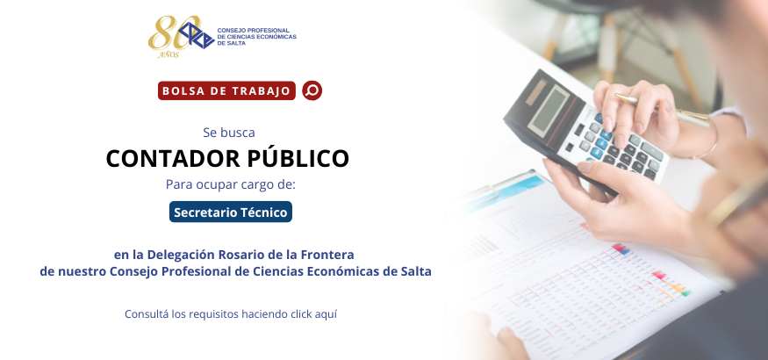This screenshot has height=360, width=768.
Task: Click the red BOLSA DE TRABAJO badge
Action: (x=226, y=90)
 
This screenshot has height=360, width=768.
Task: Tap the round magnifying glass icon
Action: (x=312, y=90)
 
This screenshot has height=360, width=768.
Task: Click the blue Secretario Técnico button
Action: (x=231, y=212)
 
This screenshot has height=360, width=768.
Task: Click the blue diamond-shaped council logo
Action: (x=197, y=35)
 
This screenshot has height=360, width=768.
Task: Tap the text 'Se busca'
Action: (x=229, y=133)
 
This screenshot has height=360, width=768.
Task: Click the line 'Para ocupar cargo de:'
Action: (x=231, y=184)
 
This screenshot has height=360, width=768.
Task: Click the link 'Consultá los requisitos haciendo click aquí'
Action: (x=231, y=314)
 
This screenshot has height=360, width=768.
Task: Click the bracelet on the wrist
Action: (x=707, y=136)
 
